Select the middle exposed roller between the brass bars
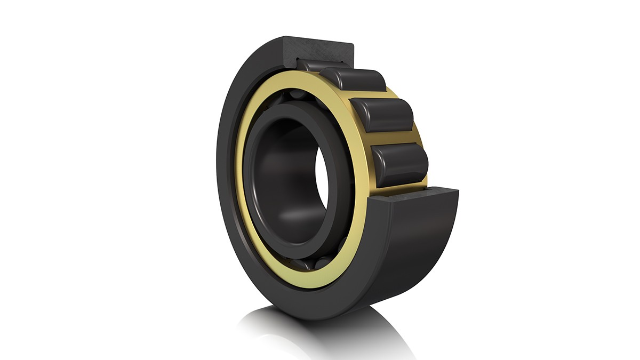383,114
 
